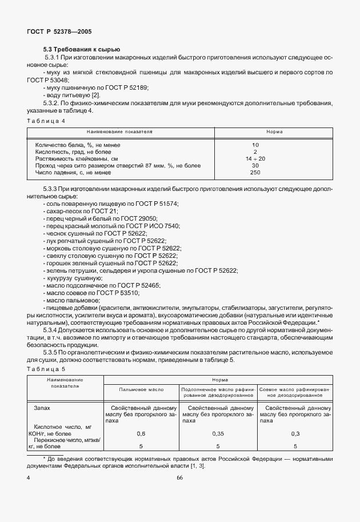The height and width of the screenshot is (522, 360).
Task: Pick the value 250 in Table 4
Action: click(255, 172)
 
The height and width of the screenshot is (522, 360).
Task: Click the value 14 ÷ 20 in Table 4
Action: click(255, 158)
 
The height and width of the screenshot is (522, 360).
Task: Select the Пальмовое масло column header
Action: click(141, 389)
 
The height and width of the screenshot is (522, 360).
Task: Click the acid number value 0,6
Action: click(141, 434)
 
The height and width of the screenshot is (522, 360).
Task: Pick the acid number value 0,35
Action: click(217, 434)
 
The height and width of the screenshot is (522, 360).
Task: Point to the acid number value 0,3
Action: click(295, 434)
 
